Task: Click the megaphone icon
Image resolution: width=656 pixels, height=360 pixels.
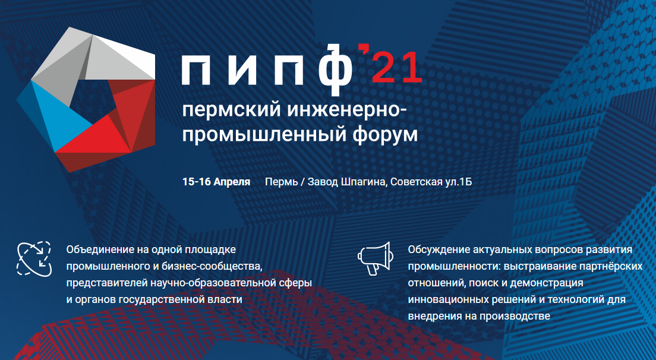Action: [x=376, y=258]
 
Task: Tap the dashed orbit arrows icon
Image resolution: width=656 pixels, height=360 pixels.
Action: [x=34, y=259]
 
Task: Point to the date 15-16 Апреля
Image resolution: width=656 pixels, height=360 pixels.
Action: [x=216, y=182]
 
